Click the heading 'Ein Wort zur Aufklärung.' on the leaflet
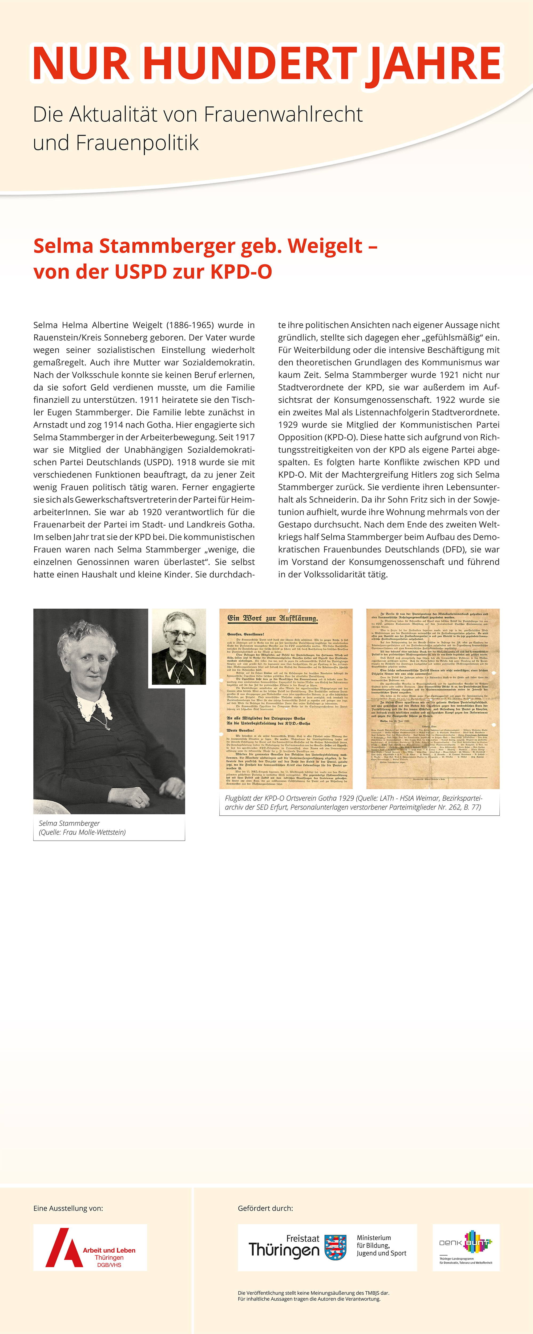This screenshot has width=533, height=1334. pyautogui.click(x=273, y=618)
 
